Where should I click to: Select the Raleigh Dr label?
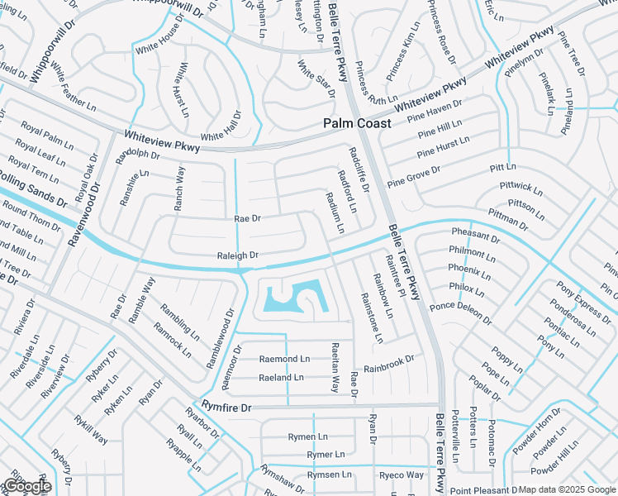pos(238,256)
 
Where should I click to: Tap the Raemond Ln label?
pos(284,359)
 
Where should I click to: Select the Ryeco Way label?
pos(402,475)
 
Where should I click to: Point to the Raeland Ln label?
pos(281,377)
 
